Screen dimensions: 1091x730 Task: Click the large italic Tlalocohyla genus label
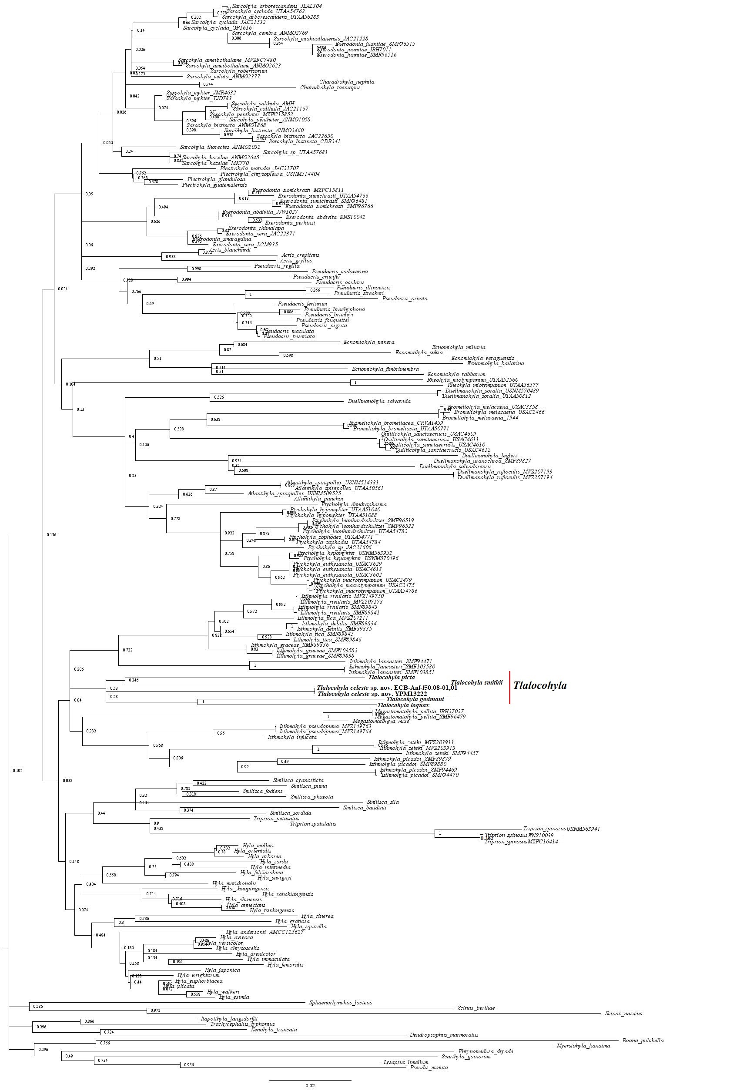539,685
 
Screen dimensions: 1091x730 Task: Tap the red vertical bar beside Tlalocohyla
510,687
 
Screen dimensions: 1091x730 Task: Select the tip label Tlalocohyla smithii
476,683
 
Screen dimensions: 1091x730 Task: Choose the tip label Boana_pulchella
643,1040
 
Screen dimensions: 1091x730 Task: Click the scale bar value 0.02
310,1085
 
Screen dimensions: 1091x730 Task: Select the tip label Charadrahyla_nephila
346,82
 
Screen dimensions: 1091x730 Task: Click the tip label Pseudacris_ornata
405,299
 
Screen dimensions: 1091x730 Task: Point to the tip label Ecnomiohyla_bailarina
496,363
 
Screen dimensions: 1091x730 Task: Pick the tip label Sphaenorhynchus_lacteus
340,1002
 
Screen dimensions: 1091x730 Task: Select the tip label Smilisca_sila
383,802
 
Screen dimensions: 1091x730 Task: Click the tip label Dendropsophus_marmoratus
444,1035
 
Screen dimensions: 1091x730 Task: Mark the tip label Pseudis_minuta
429,1067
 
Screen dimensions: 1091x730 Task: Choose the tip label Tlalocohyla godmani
415,699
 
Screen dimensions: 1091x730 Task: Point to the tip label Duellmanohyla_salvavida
379,401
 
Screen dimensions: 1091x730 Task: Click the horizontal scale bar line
310,1080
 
